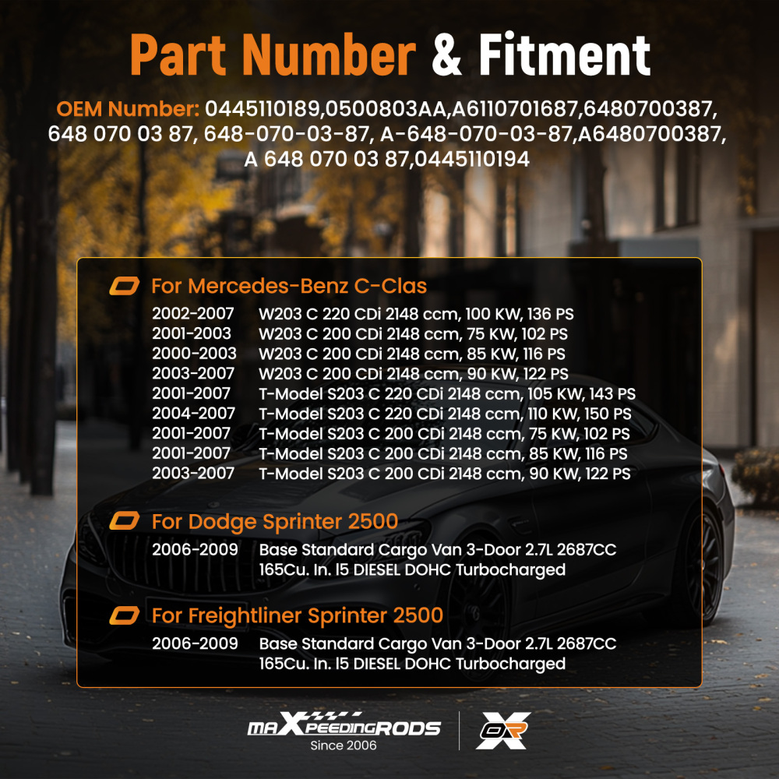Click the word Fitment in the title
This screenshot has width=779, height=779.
tap(564, 55)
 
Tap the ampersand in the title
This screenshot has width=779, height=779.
tap(446, 55)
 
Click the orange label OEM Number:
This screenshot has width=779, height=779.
tap(128, 109)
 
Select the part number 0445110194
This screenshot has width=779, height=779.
tap(472, 159)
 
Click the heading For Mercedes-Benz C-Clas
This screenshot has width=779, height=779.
tap(289, 286)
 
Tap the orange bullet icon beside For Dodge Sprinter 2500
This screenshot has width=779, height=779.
tap(124, 521)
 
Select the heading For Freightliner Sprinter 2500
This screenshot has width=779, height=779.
tap(297, 615)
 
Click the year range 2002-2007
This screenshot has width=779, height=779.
tap(192, 313)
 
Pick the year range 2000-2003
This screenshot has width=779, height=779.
tap(194, 353)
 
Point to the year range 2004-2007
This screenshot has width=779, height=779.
tap(193, 414)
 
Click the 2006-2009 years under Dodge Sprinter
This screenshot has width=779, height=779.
tap(195, 549)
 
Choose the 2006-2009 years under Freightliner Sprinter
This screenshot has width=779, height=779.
tap(195, 643)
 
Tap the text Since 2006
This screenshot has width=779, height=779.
tap(344, 746)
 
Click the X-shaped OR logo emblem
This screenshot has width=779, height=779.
tap(502, 730)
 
